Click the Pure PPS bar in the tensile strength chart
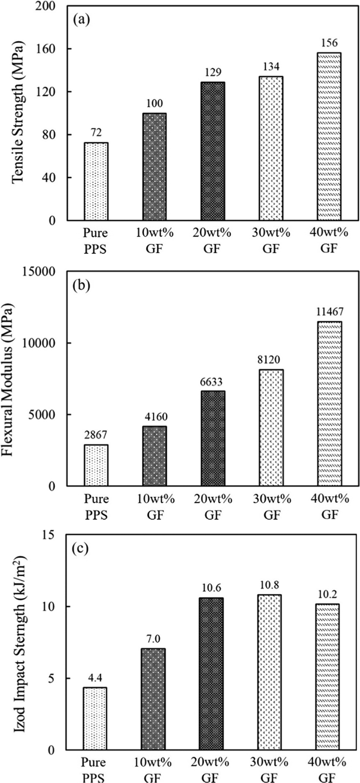point(96,181)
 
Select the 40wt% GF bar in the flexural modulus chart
point(330,403)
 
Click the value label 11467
point(330,312)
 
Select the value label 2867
point(96,435)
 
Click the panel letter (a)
point(81,20)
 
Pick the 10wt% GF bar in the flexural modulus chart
point(155,456)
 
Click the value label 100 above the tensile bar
point(155,104)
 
